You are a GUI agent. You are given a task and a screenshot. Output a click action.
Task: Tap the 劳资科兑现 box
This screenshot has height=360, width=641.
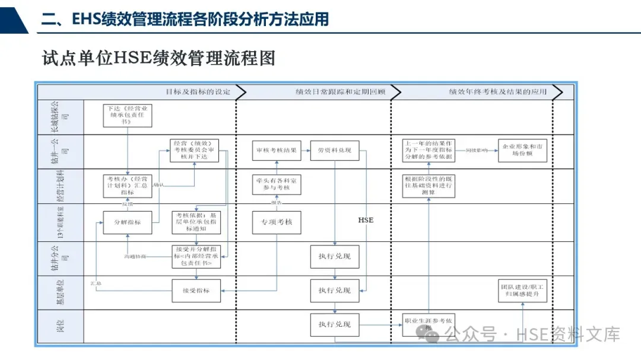(x=335, y=150)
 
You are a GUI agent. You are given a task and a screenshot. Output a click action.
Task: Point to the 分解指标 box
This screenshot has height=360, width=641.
(x=127, y=222)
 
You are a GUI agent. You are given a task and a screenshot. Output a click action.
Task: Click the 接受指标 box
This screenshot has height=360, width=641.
(x=196, y=291)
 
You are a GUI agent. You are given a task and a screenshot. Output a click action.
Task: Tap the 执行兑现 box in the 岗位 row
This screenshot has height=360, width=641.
(x=335, y=324)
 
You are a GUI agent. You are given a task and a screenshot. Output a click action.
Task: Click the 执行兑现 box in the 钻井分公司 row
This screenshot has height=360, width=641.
(x=335, y=256)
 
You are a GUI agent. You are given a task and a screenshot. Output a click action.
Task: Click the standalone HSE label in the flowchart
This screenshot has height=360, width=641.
(x=366, y=220)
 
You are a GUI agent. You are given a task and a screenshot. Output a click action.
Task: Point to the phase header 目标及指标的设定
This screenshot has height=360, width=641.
(x=197, y=92)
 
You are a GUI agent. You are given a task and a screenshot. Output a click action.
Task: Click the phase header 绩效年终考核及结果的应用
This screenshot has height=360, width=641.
(x=497, y=92)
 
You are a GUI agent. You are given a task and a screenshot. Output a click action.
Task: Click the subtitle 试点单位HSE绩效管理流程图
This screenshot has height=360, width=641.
(x=158, y=58)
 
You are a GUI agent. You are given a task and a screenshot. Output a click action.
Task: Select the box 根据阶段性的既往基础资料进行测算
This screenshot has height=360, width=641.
(x=428, y=186)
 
